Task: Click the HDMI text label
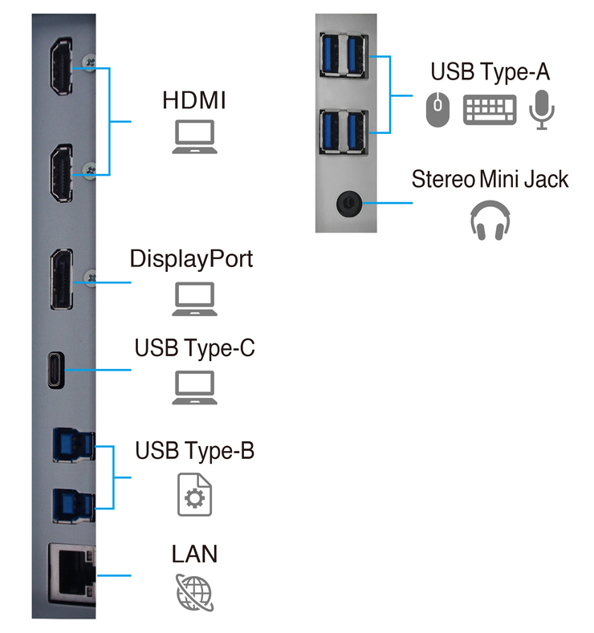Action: pyautogui.click(x=193, y=100)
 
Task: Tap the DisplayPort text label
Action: pyautogui.click(x=191, y=259)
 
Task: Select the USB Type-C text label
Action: pyautogui.click(x=194, y=348)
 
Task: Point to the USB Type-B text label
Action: pyautogui.click(x=194, y=451)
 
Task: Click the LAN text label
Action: pyautogui.click(x=194, y=554)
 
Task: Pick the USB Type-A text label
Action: pyautogui.click(x=490, y=72)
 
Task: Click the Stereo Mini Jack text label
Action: pyautogui.click(x=490, y=179)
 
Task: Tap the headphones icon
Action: pyautogui.click(x=490, y=221)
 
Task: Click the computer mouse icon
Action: pyautogui.click(x=437, y=109)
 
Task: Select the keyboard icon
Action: pyautogui.click(x=490, y=110)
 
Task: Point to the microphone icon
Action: pyautogui.click(x=542, y=110)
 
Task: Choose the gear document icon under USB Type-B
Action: pyautogui.click(x=194, y=494)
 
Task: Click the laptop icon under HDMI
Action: pyautogui.click(x=194, y=137)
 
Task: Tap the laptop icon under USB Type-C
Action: pyautogui.click(x=194, y=388)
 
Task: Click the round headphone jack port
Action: pyautogui.click(x=349, y=203)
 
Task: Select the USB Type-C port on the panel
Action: pyautogui.click(x=56, y=370)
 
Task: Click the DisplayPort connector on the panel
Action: pyautogui.click(x=62, y=279)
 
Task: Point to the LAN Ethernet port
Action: pyautogui.click(x=72, y=574)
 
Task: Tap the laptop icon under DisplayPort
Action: pyautogui.click(x=194, y=299)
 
